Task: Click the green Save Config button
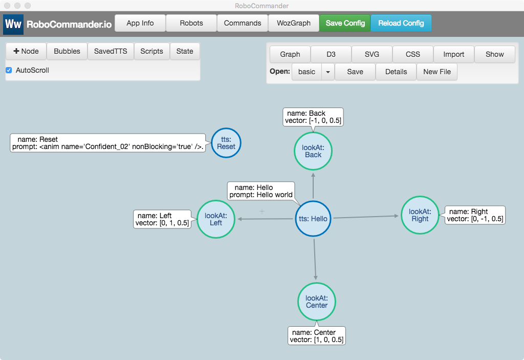[x=345, y=23]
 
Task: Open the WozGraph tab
[x=293, y=23]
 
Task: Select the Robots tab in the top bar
[x=191, y=23]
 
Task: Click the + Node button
[x=26, y=51]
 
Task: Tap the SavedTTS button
[x=111, y=51]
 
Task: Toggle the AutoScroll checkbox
[x=9, y=70]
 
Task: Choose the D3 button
[x=331, y=54]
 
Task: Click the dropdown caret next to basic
[x=328, y=72]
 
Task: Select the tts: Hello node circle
[x=313, y=219]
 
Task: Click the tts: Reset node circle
[x=226, y=143]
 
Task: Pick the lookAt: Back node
[x=313, y=151]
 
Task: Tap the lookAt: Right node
[x=420, y=215]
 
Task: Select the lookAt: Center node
[x=317, y=302]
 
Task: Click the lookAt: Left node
[x=216, y=219]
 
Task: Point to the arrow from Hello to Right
[x=366, y=217]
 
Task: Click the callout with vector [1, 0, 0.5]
[x=317, y=336]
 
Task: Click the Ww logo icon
[x=13, y=25]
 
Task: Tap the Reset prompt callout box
[x=108, y=143]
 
